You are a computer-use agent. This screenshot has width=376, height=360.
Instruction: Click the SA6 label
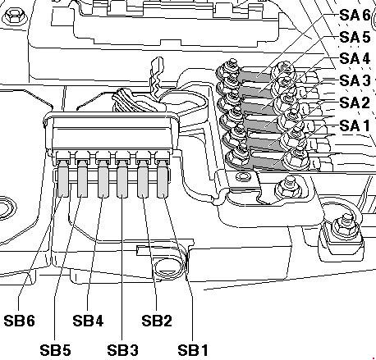pos(355,15)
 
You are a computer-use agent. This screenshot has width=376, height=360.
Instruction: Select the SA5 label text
pos(355,37)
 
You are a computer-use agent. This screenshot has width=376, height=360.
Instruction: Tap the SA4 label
pos(355,58)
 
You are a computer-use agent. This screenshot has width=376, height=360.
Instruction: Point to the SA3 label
pos(355,80)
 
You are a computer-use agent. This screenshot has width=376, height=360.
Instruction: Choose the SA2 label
pos(355,103)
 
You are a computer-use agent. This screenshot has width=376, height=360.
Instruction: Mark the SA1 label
pos(355,125)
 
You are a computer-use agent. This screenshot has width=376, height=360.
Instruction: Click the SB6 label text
pos(20,321)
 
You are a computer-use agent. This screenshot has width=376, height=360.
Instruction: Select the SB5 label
pos(55,350)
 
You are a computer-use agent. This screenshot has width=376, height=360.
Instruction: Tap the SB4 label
pos(88,321)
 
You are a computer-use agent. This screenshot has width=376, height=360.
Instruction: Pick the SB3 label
pos(122,350)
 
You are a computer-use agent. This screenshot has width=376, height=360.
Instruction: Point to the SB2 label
pos(157,321)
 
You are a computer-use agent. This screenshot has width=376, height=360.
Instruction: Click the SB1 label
pos(193,350)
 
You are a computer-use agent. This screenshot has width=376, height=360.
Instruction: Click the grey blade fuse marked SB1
pos(162,180)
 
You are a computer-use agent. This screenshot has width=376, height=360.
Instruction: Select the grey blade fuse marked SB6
pos(63,179)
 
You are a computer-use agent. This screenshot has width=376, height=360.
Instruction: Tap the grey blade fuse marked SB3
pos(122,180)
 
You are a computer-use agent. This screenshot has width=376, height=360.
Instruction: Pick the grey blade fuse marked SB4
pos(103,179)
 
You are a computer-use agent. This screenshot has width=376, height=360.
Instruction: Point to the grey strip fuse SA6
pos(256,74)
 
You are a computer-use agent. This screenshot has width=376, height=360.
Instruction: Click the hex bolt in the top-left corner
pos(14,17)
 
